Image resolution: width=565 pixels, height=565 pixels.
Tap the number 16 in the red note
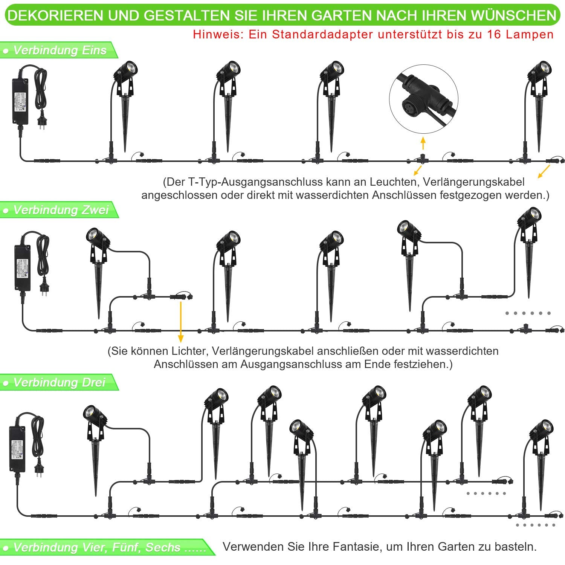494,34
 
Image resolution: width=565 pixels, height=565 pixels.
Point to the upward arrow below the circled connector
423,144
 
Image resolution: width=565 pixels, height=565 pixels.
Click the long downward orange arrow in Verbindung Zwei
181,321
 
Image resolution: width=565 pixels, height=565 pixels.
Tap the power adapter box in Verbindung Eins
21,101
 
